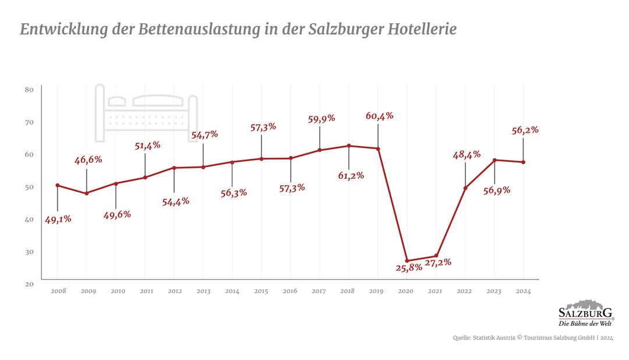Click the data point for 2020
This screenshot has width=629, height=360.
point(407,260)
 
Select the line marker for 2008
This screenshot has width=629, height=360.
point(57,185)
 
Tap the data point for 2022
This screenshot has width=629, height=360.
point(465,188)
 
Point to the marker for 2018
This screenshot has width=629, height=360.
point(348,146)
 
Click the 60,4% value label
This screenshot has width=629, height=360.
point(379,115)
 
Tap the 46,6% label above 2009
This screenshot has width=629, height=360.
point(88,160)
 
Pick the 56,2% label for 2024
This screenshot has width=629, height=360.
point(525,130)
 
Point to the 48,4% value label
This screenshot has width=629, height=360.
point(466,154)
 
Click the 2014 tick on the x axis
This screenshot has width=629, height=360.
point(232,291)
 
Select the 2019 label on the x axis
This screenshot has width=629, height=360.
point(377,291)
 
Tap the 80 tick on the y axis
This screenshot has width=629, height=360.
point(30,89)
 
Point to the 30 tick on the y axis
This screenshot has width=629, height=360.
point(30,251)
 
